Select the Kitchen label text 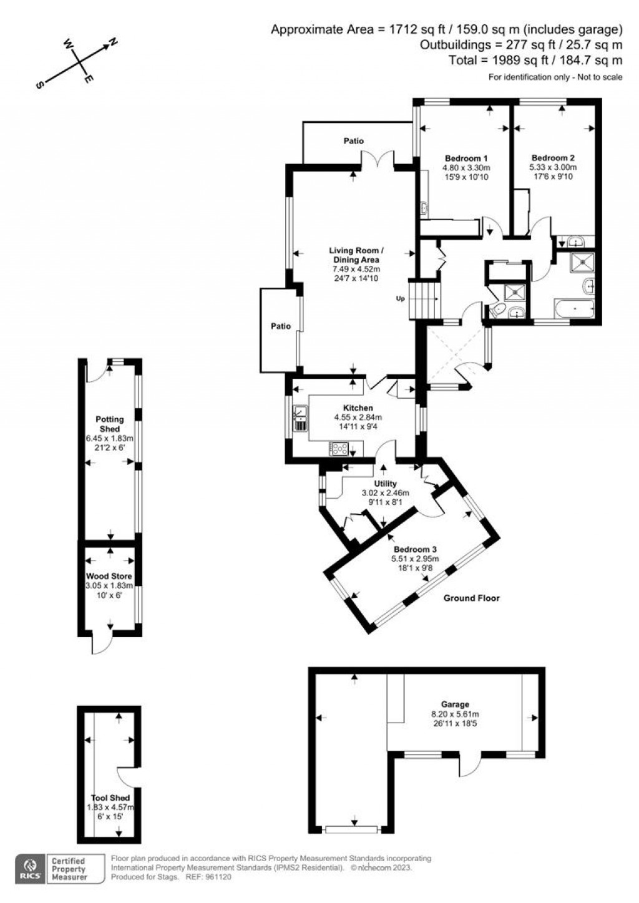click(358, 408)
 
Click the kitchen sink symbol click(300, 418)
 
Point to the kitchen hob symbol click(339, 448)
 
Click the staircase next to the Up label click(424, 299)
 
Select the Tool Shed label click(110, 798)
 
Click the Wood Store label click(109, 576)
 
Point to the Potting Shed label click(109, 424)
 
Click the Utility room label click(385, 484)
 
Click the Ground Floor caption click(471, 598)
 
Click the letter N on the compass click(113, 42)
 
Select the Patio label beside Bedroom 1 click(353, 141)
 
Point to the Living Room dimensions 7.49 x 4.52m click(354, 269)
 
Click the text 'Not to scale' click(600, 77)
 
